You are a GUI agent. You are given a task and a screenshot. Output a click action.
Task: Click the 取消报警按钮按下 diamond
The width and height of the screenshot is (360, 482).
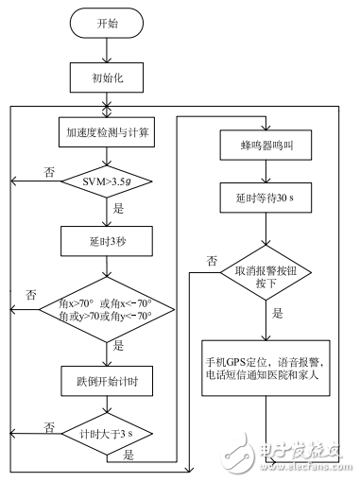[x=265, y=271]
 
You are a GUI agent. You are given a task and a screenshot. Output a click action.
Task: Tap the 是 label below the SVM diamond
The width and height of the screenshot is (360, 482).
[x=117, y=210]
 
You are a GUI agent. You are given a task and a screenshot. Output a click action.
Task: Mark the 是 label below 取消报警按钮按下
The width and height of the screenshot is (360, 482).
[x=277, y=312]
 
